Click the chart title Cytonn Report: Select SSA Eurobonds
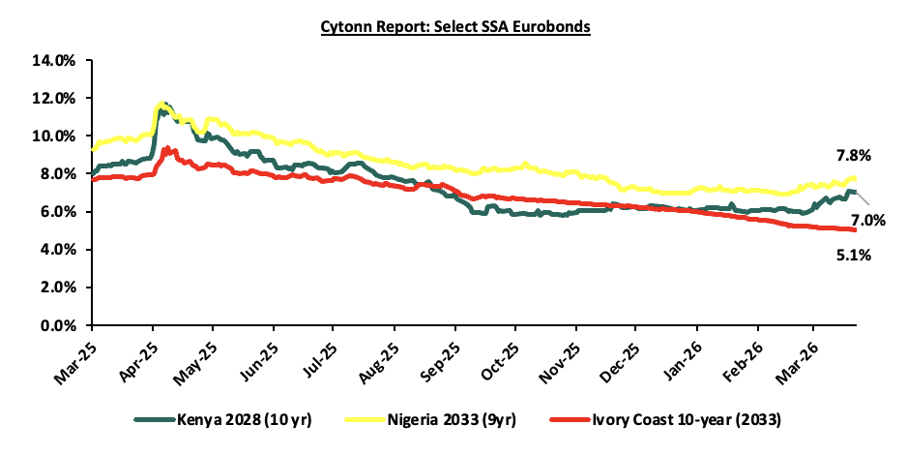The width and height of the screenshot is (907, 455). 455,27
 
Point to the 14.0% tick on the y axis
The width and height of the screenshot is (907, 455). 54,60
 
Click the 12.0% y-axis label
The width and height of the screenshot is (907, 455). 54,98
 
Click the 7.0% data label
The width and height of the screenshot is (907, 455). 866,221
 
